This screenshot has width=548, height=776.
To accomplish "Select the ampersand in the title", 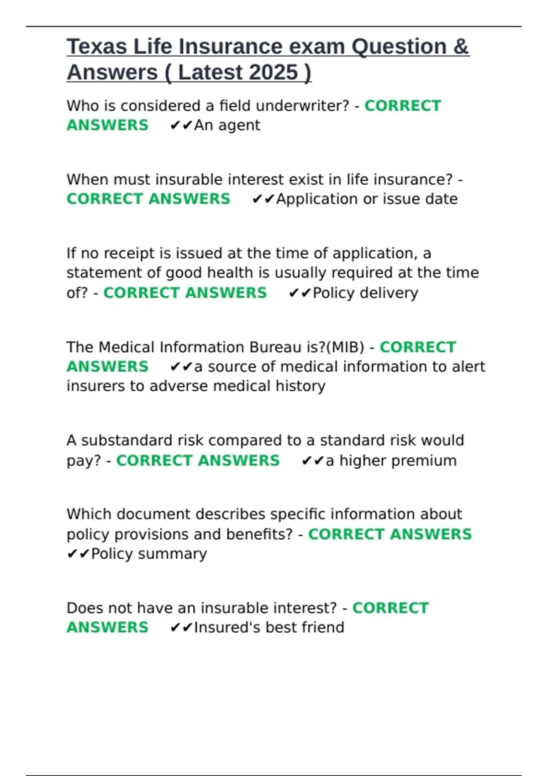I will [461, 47].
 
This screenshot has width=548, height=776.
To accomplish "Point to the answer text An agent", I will [227, 125].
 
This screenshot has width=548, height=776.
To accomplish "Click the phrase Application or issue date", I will [367, 199].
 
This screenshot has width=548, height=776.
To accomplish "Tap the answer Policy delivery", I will [365, 293].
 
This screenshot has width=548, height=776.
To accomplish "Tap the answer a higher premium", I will [391, 461].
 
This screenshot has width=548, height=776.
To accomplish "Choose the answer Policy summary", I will [149, 554].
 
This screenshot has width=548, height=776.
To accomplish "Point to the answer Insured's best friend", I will [269, 628].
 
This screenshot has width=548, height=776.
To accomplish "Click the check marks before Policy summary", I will [78, 554].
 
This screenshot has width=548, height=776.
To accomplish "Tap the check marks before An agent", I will [181, 126].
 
